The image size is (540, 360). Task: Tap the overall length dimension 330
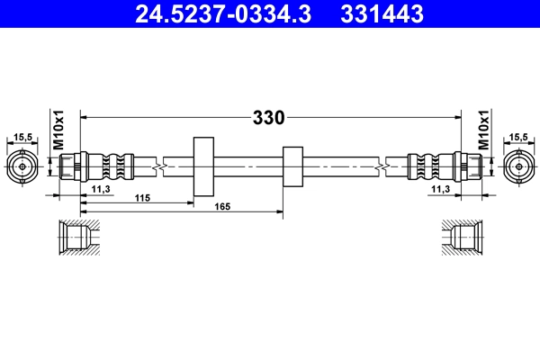(x=268, y=117)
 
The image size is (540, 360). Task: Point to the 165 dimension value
(x=223, y=208)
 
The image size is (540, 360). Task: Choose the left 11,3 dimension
(x=102, y=189)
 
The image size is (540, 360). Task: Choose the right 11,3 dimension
(x=440, y=189)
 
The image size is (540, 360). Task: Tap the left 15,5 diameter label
(x=23, y=138)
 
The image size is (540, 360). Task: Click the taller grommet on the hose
(x=202, y=166)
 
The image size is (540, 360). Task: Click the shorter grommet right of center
(x=292, y=166)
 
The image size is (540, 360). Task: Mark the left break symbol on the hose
(x=158, y=166)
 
